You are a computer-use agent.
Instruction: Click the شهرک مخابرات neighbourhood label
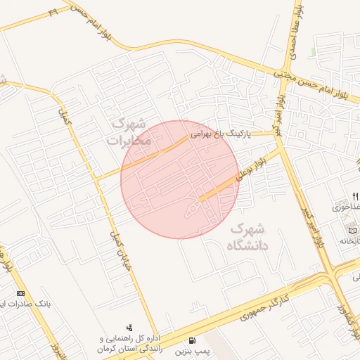(x=130, y=131)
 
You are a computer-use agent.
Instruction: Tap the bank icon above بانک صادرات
(x=20, y=293)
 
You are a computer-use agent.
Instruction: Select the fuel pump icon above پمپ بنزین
(x=192, y=340)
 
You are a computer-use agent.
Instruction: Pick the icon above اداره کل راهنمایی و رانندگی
(x=129, y=328)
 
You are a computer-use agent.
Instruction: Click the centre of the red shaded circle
(x=180, y=179)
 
